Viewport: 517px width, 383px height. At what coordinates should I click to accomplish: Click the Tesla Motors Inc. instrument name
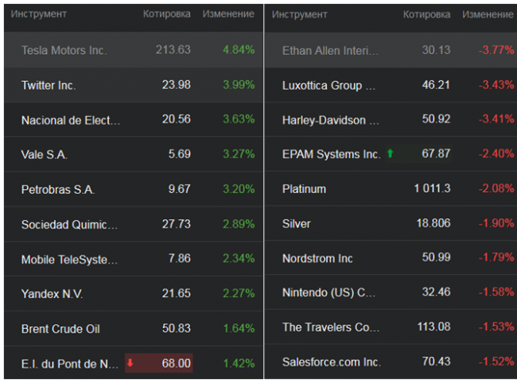point(64,50)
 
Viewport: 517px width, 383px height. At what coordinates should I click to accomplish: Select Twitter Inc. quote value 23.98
point(174,85)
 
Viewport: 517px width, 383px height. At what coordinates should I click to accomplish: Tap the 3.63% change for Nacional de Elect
point(239,119)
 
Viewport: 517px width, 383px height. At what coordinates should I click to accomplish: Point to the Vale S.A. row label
point(44,154)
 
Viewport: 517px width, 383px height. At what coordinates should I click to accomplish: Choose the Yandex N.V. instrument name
point(52,294)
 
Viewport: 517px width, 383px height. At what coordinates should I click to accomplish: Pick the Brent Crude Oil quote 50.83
point(174,328)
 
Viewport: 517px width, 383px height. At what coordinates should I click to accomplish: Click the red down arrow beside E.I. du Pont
point(130,363)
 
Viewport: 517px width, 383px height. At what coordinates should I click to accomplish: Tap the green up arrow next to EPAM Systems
point(390,154)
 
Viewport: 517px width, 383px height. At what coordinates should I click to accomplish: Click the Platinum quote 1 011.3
point(432,189)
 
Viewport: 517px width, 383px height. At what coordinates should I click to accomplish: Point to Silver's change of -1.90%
point(496,224)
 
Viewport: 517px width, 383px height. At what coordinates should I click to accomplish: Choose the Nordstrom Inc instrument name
point(318,258)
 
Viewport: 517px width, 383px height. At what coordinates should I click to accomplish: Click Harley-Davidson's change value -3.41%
point(496,120)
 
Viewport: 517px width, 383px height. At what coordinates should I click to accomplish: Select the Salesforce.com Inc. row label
point(331,362)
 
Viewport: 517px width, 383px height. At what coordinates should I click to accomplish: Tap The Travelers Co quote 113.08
point(433,327)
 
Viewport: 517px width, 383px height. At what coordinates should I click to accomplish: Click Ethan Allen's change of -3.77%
point(496,50)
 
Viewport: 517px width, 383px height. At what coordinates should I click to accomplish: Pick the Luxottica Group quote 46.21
point(435,85)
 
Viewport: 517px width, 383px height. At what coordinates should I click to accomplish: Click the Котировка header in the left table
point(166,14)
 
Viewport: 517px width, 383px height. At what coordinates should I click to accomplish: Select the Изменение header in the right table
point(488,14)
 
